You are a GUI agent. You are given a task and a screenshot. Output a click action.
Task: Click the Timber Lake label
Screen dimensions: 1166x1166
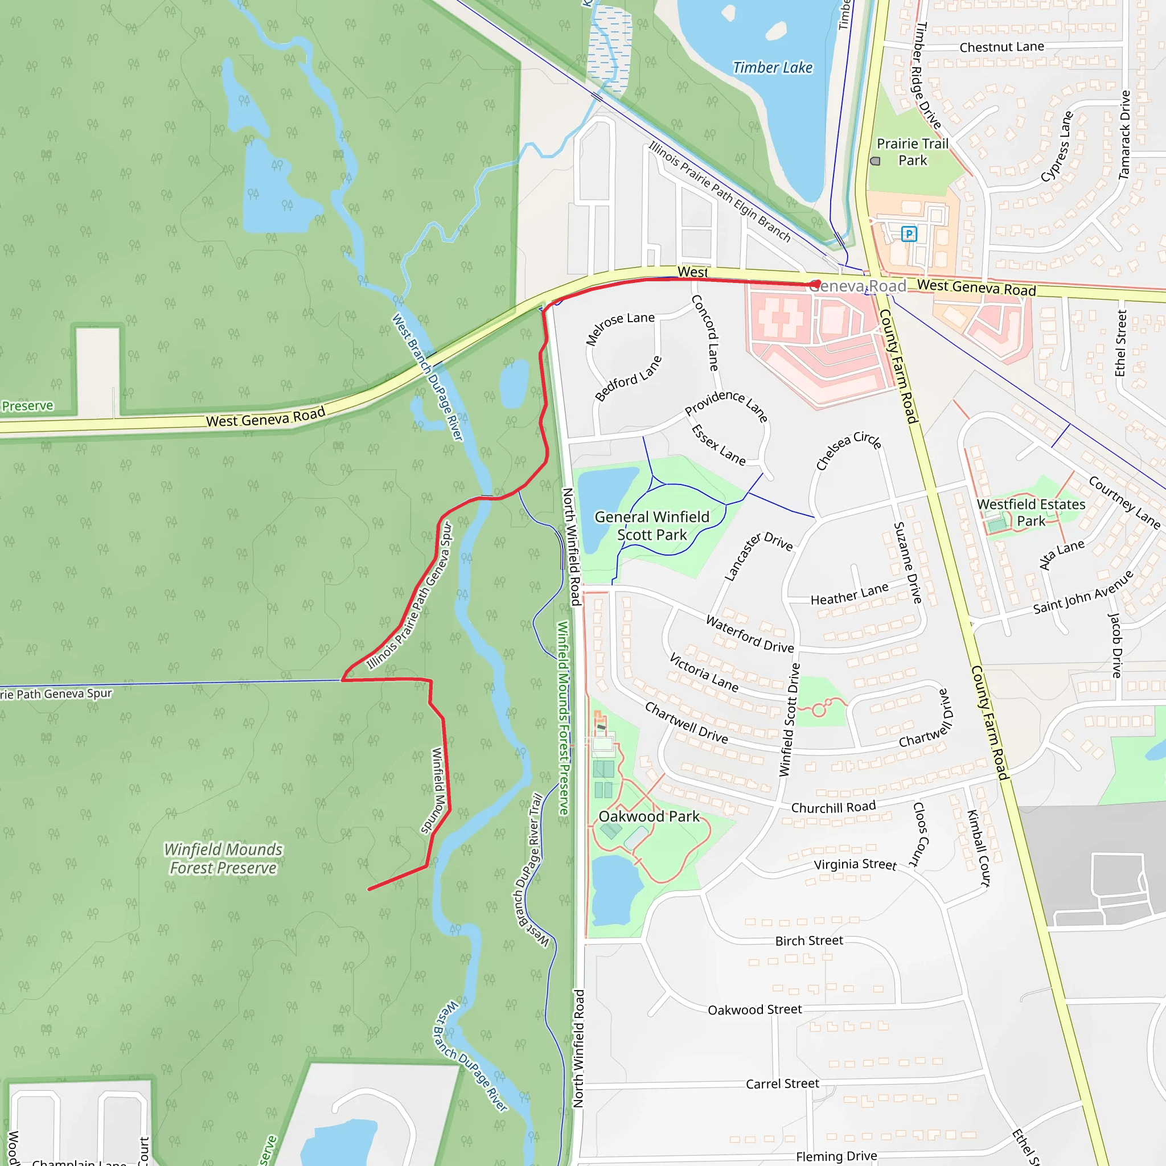773,68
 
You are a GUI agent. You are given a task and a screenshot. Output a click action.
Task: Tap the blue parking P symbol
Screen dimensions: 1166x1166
909,233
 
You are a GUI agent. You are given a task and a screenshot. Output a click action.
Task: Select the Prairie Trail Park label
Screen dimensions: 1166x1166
913,152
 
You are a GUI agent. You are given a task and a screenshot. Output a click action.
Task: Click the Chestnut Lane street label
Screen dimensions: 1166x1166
1002,47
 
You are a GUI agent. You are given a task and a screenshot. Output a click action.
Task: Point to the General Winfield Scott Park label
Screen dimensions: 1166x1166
652,525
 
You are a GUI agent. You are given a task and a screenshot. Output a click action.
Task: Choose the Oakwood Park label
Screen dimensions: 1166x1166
649,816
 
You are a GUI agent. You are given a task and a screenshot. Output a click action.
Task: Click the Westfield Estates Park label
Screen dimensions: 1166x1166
1031,512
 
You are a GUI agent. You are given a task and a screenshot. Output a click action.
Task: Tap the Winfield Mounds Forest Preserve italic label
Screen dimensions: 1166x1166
223,859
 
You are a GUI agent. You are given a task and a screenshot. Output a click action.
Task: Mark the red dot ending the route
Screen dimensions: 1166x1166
815,284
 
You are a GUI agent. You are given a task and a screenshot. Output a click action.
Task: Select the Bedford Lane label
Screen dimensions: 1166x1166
629,379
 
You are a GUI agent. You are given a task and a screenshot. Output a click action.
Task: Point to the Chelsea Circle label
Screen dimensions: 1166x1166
848,450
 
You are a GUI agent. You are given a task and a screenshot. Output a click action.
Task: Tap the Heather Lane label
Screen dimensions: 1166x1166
849,594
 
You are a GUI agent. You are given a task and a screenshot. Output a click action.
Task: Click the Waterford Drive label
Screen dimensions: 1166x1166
750,634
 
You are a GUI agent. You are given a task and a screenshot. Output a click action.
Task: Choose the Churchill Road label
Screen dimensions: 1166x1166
833,807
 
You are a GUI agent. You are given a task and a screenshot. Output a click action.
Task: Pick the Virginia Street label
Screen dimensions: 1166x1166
855,864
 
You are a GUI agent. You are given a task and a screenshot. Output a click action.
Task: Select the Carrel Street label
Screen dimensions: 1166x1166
782,1084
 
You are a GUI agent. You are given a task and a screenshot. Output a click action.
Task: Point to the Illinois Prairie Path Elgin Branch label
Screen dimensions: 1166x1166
720,191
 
